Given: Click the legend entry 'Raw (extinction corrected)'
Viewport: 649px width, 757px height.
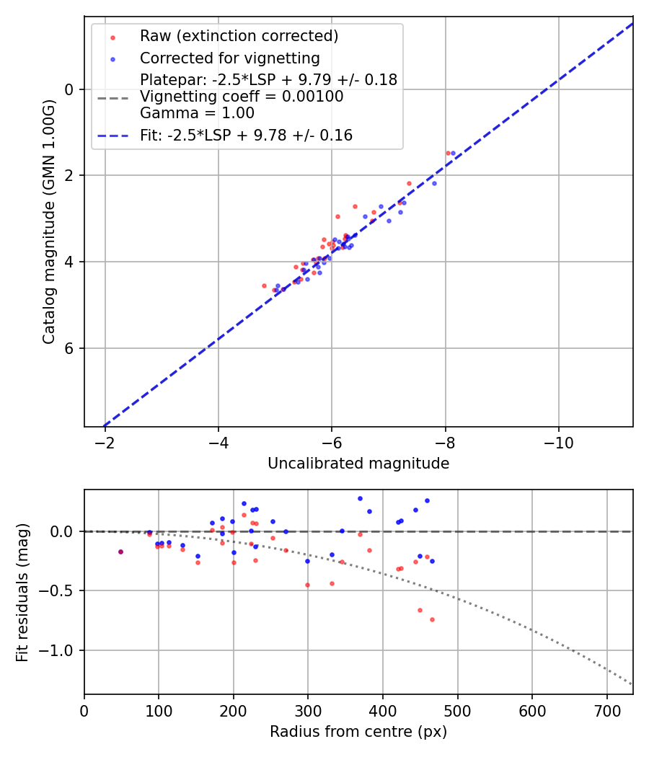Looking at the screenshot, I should coord(239,36).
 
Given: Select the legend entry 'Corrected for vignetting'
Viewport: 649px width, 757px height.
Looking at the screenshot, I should coord(229,58).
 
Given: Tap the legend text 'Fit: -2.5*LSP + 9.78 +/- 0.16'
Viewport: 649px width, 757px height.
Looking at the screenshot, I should coord(246,135).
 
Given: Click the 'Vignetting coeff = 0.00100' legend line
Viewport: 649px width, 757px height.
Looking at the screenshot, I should coord(242,97).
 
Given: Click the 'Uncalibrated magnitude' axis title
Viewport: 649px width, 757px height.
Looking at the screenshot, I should coord(358,464).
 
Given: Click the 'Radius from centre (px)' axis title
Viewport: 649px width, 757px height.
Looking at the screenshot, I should coord(358,732).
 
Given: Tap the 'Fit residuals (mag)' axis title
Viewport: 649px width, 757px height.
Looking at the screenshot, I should coord(22,593).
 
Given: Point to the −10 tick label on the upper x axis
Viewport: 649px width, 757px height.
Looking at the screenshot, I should coord(558,443).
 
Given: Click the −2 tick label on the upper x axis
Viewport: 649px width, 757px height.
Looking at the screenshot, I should coord(105,443).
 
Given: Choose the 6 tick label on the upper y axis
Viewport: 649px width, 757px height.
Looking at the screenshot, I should coord(69,348).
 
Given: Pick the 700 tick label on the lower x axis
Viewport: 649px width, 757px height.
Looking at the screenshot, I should coord(606,711).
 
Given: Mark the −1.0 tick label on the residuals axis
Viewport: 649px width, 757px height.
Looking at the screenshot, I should coord(58,650).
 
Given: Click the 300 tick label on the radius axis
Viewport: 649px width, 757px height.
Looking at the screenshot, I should coord(308,711).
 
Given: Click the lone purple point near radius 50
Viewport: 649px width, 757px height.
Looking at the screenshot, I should coord(120,552).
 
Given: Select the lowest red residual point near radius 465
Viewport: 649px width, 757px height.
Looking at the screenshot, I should coord(432,619).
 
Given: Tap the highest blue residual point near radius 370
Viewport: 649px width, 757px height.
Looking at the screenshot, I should coord(360,498).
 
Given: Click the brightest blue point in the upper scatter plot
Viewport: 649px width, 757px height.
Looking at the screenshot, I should coord(453,153).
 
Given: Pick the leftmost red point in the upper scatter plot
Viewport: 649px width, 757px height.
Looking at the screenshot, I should coord(264,285).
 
